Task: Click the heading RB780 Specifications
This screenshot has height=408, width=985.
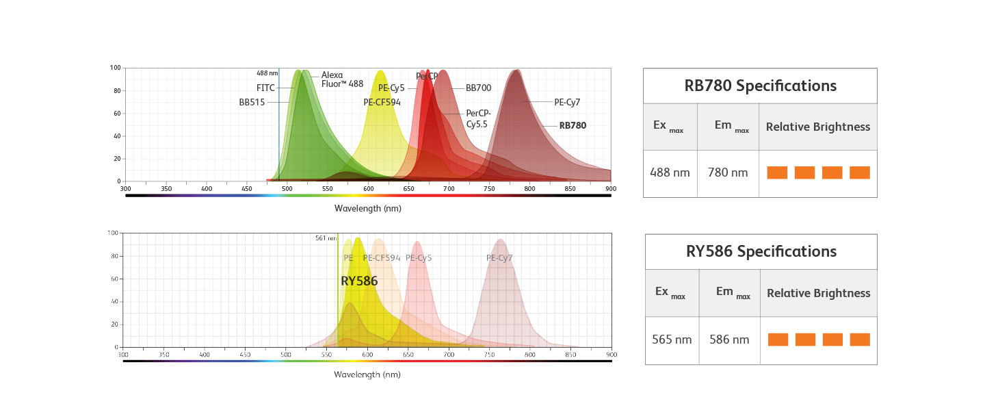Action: point(760,86)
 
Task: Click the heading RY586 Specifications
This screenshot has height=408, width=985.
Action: point(761,252)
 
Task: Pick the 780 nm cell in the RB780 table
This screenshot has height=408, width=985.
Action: point(728,173)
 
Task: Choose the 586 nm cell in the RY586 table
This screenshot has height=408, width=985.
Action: point(729,340)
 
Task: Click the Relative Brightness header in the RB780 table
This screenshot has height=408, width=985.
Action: point(817,127)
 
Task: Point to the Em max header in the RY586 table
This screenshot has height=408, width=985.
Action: point(729,292)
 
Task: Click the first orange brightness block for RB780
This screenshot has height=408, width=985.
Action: point(777,173)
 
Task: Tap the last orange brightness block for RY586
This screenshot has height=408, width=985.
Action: point(860,340)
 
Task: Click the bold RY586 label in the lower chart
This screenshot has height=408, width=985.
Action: point(359,281)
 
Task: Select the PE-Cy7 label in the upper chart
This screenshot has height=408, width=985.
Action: point(566,102)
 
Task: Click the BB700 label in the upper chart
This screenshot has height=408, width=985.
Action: point(477,88)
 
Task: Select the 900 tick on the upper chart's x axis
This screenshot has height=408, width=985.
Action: point(611,188)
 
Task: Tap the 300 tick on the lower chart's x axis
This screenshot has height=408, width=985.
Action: point(123,355)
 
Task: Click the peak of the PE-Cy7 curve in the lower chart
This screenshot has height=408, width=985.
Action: point(501,240)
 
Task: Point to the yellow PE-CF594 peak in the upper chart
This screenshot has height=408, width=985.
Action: point(380,71)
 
